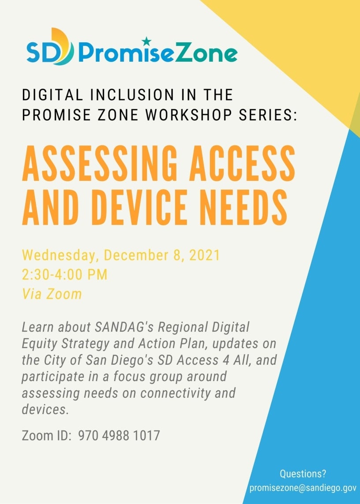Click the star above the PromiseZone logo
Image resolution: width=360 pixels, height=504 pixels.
tap(147, 41)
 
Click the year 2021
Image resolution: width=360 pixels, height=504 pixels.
tap(203, 256)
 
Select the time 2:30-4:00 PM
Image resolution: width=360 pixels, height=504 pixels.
tap(65, 275)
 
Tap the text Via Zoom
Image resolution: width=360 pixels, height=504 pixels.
tap(52, 294)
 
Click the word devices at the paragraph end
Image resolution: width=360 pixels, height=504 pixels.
tap(45, 409)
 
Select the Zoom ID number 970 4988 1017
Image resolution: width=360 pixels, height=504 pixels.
tap(119, 436)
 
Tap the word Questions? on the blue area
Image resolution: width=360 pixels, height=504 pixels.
tap(303, 474)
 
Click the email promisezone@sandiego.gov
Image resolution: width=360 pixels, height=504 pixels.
tap(303, 488)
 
